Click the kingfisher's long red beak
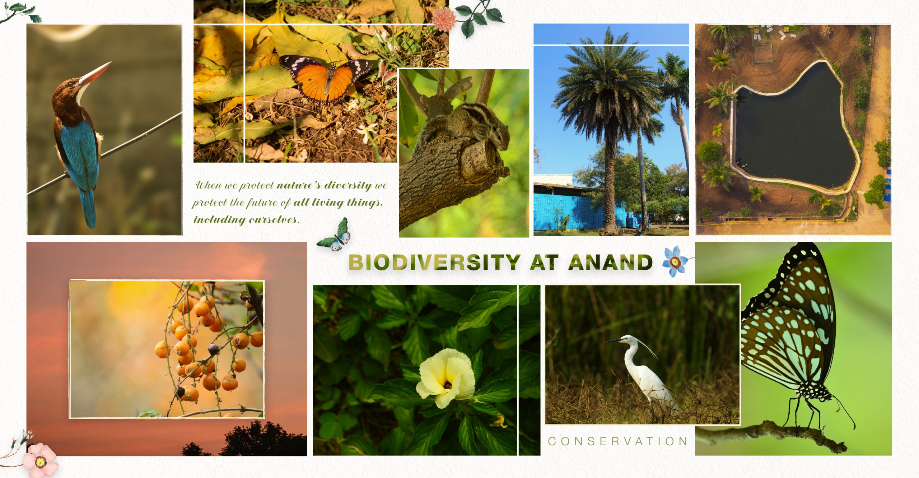pyautogui.click(x=95, y=73)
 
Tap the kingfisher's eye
pyautogui.click(x=71, y=84)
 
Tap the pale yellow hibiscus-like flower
pyautogui.click(x=445, y=379)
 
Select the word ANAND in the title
pyautogui.click(x=610, y=262)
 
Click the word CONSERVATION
pyautogui.click(x=617, y=441)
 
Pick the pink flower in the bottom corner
pyautogui.click(x=39, y=460)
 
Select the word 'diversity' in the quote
pyautogui.click(x=348, y=185)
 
